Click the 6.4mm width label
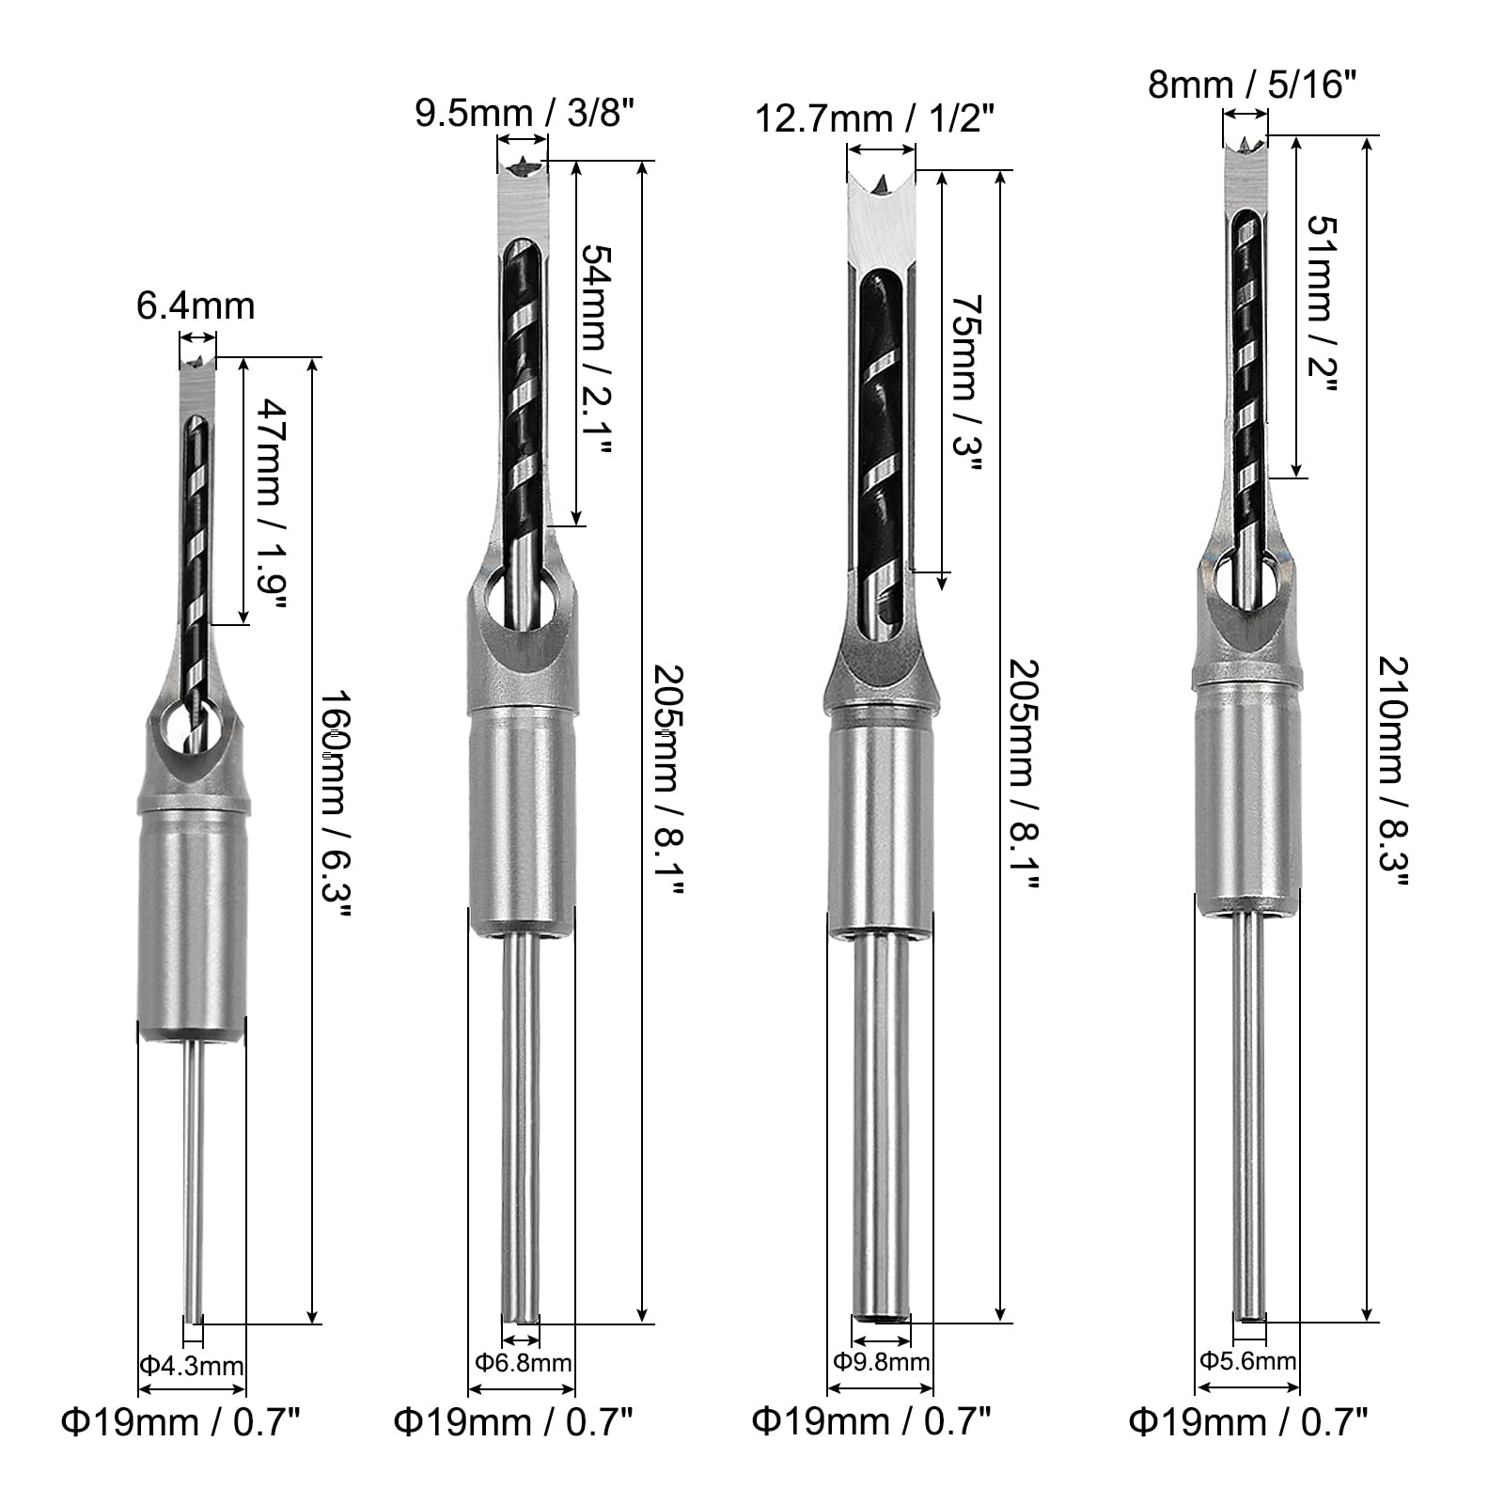click(x=196, y=305)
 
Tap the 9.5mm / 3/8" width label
click(x=525, y=115)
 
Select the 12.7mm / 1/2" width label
click(x=875, y=119)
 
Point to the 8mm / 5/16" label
click(x=1252, y=86)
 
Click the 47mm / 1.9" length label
click(x=273, y=503)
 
